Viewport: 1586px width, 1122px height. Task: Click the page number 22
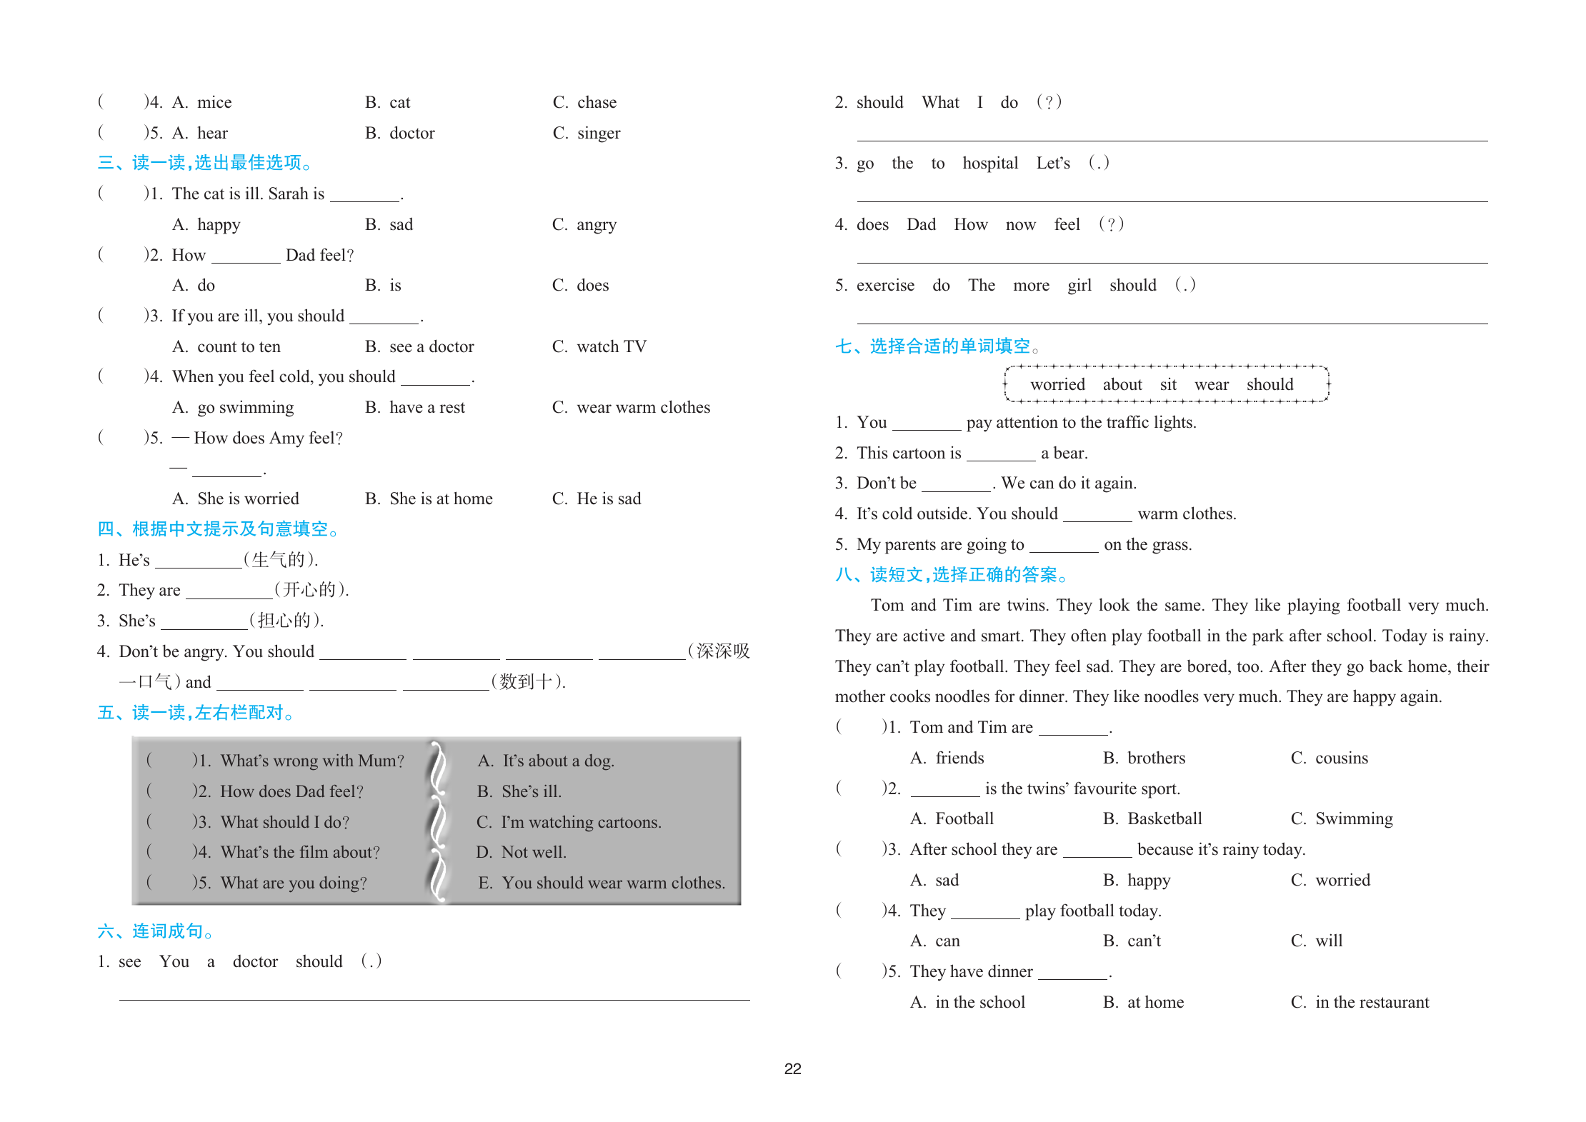click(x=792, y=1069)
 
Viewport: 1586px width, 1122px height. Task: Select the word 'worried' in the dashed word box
click(x=1057, y=385)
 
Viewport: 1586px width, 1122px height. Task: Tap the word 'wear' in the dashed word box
click(x=1212, y=385)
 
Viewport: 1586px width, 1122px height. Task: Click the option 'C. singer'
click(x=587, y=134)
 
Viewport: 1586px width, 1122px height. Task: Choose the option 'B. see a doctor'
click(x=419, y=347)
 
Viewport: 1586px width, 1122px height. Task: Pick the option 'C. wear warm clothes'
click(x=631, y=408)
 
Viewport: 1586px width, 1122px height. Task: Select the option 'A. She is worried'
click(x=236, y=499)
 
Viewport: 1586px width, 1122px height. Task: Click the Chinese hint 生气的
click(x=279, y=560)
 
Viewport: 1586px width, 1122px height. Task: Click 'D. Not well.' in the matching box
click(x=521, y=853)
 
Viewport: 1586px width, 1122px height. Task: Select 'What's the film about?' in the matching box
click(x=300, y=853)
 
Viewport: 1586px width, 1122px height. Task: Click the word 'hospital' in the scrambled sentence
click(x=990, y=164)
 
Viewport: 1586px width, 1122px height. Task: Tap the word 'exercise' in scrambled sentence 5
click(x=885, y=286)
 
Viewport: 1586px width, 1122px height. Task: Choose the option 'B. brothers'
click(x=1144, y=758)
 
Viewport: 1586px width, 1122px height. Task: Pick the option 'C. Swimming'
click(x=1342, y=819)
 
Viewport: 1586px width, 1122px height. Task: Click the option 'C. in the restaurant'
click(x=1360, y=1003)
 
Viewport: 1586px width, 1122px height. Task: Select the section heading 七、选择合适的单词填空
click(x=937, y=346)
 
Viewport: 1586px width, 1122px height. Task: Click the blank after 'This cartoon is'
click(x=1001, y=455)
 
